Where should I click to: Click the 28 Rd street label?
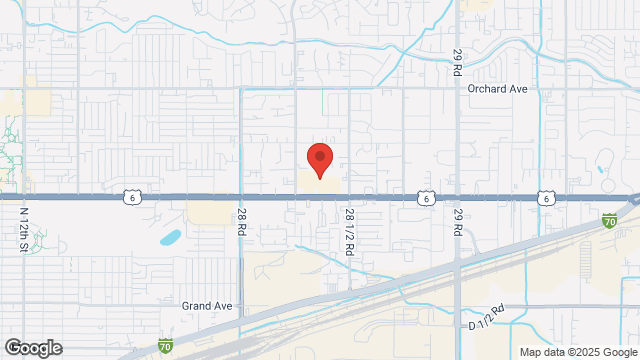tap(242, 221)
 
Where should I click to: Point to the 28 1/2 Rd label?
tap(350, 234)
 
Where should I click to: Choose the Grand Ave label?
tap(206, 305)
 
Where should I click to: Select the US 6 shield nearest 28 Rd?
tap(132, 198)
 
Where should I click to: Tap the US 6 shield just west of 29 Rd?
tap(427, 198)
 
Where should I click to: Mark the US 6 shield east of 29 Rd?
tap(546, 198)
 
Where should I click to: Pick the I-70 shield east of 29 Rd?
tap(609, 219)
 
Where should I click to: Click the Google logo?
tap(32, 348)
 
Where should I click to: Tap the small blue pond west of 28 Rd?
tap(171, 238)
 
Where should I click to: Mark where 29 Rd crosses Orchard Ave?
tap(457, 88)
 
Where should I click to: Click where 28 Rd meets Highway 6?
tap(241, 198)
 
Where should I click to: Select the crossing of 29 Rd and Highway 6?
tap(457, 198)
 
